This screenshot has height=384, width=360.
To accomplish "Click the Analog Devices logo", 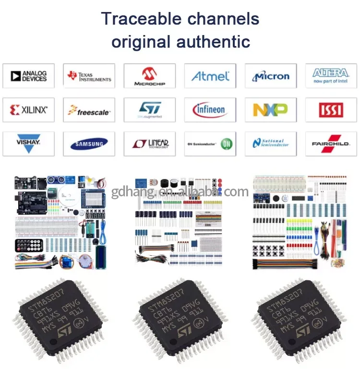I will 28,76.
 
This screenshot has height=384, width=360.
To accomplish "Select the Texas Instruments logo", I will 89,76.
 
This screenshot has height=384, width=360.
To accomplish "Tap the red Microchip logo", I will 150,76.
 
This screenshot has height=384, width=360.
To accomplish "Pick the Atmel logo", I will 210,76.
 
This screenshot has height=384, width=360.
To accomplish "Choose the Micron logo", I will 271,76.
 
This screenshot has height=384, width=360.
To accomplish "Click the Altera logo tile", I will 331,76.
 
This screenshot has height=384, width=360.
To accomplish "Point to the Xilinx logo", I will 28,110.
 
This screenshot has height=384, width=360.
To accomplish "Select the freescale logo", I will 89,110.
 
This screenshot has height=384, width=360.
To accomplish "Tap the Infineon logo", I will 210,110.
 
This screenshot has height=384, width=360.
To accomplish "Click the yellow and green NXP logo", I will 271,110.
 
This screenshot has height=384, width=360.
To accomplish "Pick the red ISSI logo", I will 331,110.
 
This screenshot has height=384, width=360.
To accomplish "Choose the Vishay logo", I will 28,144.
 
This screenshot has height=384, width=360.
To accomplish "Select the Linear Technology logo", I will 150,144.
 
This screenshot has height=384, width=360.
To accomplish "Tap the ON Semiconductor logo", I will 210,144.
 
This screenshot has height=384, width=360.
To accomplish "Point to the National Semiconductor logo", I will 271,144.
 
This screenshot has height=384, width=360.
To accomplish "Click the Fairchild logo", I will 331,144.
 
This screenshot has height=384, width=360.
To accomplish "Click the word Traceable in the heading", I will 137,19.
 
